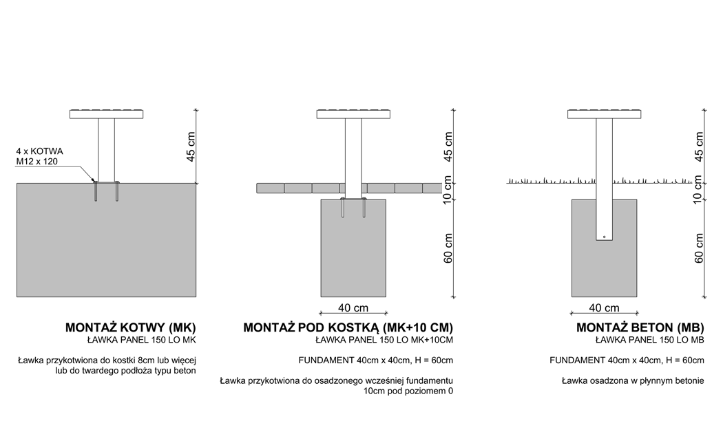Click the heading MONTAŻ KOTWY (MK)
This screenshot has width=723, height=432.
click(131, 327)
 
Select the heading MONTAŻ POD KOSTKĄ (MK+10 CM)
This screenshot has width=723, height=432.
click(348, 327)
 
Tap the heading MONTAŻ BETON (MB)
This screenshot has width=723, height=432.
click(640, 327)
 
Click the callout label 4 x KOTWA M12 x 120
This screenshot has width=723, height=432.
click(40, 156)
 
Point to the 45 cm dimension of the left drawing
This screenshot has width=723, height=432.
click(191, 147)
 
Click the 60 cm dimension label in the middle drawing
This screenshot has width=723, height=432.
click(448, 248)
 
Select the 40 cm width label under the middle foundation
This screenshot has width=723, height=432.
click(353, 307)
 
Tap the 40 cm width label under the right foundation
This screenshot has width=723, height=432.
click(604, 307)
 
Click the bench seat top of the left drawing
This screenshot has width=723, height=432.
click(107, 114)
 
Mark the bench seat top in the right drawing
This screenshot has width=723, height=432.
click(604, 114)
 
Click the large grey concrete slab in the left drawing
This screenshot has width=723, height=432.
click(107, 240)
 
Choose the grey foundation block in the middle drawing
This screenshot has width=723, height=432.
click(354, 248)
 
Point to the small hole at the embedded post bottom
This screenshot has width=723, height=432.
click(604, 237)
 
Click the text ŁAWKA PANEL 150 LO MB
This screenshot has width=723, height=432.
click(650, 341)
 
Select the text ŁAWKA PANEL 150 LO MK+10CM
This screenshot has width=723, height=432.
click(384, 341)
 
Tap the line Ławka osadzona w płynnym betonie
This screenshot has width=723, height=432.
click(633, 381)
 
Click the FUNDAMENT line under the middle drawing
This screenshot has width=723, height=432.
click(376, 360)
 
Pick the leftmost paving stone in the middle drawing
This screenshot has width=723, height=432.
click(270, 188)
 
